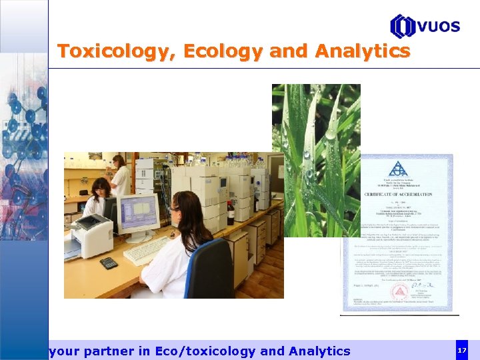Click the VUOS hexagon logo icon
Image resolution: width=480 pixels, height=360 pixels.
[402, 27]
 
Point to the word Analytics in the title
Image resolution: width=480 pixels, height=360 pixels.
[363, 51]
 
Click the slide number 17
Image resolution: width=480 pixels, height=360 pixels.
[462, 350]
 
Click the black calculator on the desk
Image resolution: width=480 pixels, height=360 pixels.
[109, 263]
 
